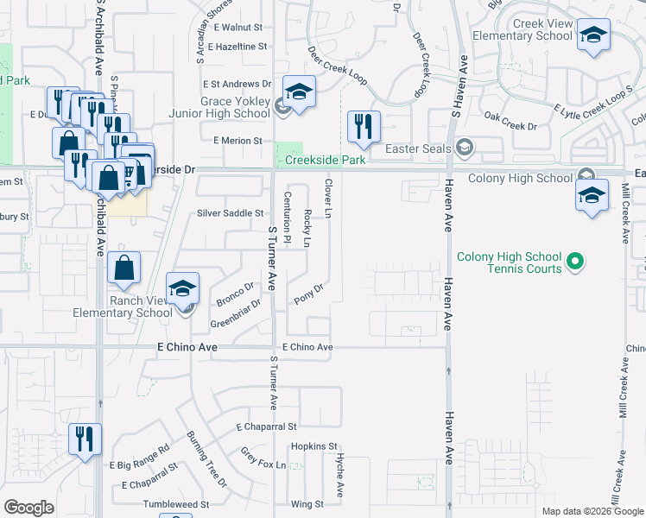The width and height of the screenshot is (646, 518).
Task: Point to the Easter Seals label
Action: click(418, 148)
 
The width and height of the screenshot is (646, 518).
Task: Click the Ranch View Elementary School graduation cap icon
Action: click(182, 289)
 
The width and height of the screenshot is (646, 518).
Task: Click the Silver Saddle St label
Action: click(230, 213)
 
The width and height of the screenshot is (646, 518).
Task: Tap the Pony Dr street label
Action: click(308, 294)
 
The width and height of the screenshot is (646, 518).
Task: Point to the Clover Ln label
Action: click(328, 199)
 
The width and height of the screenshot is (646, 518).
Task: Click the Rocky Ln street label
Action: click(307, 226)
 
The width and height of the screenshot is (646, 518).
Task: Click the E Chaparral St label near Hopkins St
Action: click(266, 427)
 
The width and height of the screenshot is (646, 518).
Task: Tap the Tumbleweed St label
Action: click(177, 504)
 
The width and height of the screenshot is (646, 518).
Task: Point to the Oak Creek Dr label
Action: click(510, 126)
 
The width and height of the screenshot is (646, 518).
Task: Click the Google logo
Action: click(28, 508)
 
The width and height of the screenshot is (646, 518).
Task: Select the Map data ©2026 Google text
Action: click(592, 511)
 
